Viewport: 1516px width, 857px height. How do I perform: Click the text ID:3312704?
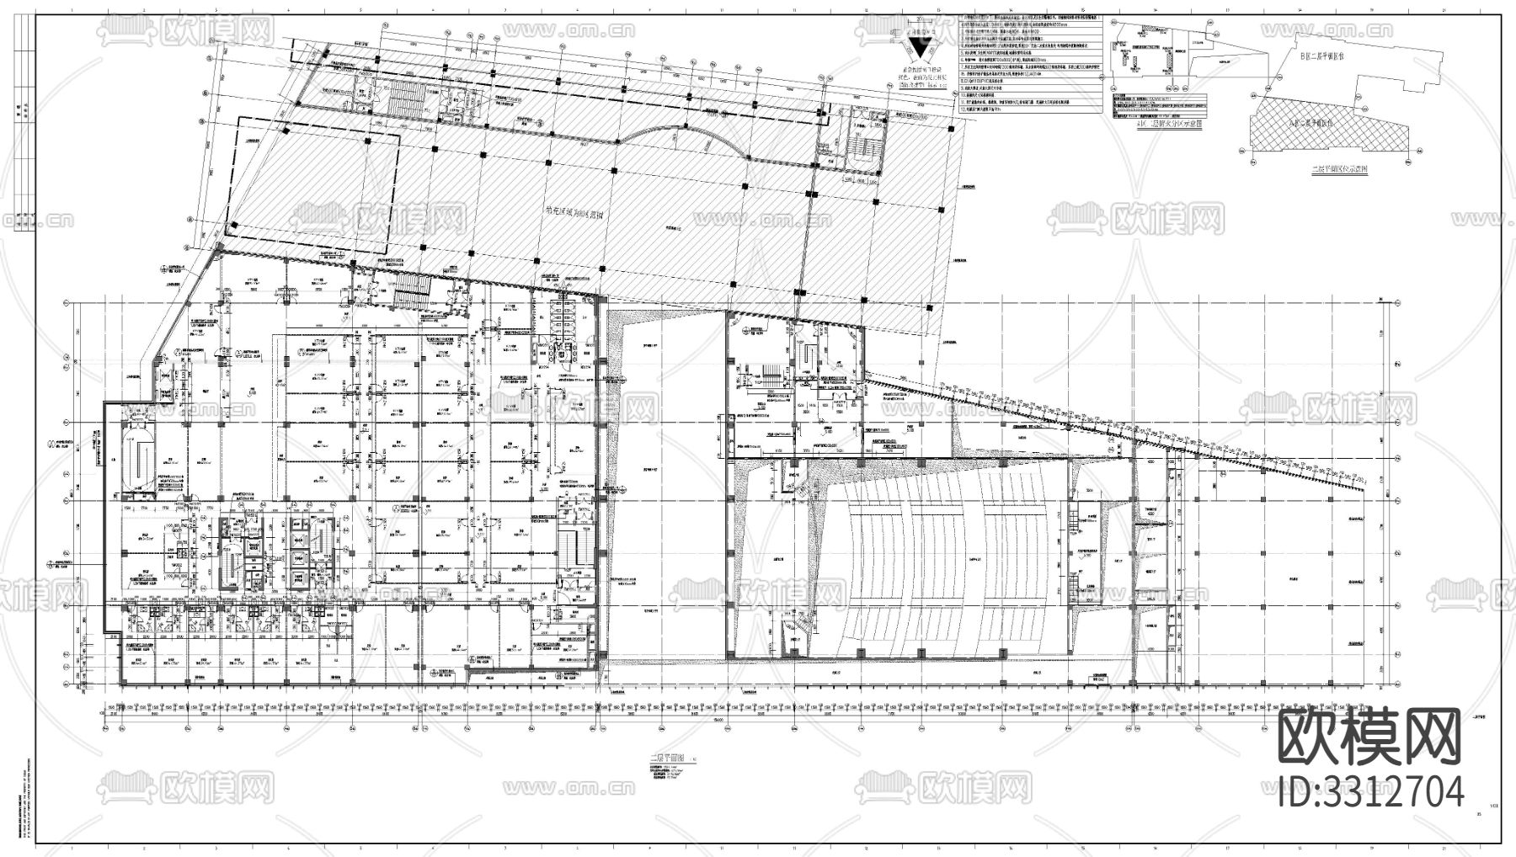click(1370, 792)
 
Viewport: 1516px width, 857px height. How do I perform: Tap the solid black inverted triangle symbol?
click(922, 51)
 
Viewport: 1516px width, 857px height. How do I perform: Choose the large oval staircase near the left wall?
click(136, 459)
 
